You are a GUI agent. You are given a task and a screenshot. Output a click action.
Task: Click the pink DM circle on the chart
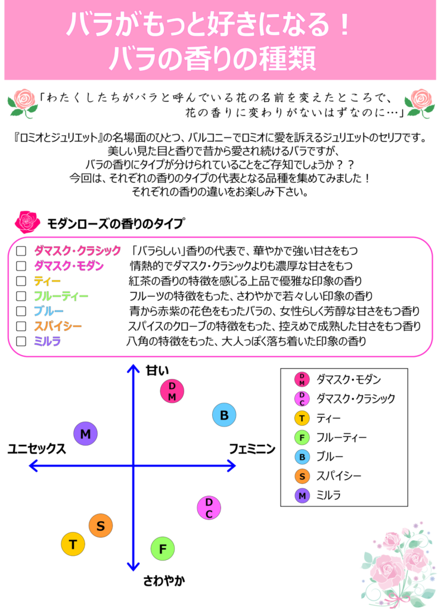coord(172,391)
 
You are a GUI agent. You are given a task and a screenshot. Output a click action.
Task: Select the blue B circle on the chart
coord(224,415)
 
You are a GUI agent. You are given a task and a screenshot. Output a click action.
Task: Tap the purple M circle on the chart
coord(86,434)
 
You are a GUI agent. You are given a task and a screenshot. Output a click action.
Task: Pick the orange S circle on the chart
coord(101,525)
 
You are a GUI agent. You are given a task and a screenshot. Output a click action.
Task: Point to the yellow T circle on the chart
coord(73,544)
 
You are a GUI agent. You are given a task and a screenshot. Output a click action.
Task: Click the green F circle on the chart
coord(163,549)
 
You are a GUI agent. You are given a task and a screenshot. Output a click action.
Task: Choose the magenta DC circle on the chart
coord(209,508)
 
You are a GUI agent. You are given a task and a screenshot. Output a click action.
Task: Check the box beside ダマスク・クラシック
coord(21,251)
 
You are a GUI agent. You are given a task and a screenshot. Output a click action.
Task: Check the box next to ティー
coord(21,281)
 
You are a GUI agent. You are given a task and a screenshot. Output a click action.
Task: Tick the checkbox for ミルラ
coord(21,341)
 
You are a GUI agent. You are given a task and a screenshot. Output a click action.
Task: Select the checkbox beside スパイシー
coord(21,326)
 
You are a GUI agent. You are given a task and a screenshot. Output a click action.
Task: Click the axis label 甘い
coord(157,371)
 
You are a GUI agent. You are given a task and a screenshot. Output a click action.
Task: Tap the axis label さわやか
coord(164,581)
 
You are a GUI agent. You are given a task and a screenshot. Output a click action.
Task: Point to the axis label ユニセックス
coord(37,449)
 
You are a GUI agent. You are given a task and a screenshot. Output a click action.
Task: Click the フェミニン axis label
coord(252,449)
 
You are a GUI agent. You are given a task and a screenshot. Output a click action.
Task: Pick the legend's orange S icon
coord(302,476)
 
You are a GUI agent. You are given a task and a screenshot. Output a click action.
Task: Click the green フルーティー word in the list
coord(61,297)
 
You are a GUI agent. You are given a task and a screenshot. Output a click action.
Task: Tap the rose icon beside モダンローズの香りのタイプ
coord(27,222)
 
